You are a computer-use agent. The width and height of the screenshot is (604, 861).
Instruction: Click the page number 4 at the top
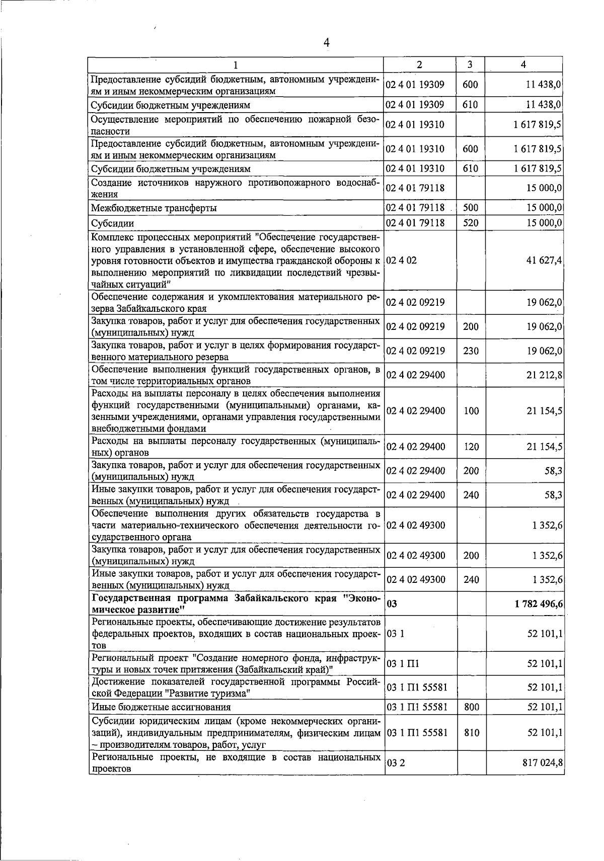pyautogui.click(x=326, y=43)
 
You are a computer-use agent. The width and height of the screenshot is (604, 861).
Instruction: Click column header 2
pyautogui.click(x=419, y=64)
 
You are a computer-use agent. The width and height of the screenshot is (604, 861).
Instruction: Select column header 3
pyautogui.click(x=470, y=64)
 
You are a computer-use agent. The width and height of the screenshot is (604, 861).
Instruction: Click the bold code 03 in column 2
pyautogui.click(x=392, y=604)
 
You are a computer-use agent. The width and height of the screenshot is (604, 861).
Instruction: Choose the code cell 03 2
pyautogui.click(x=396, y=763)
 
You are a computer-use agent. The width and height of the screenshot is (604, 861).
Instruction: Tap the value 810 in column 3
pyautogui.click(x=471, y=733)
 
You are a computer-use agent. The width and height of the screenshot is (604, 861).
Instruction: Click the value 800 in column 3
pyautogui.click(x=471, y=707)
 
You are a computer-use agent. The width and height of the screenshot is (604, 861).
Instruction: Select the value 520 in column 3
pyautogui.click(x=471, y=222)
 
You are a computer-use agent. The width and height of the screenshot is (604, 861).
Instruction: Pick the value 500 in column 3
pyautogui.click(x=471, y=207)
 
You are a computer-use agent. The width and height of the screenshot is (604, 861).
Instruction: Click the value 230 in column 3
pyautogui.click(x=471, y=351)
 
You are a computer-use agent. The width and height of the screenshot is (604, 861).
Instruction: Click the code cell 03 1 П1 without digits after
pyautogui.click(x=403, y=664)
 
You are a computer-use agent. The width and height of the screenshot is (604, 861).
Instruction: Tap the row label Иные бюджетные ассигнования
pyautogui.click(x=161, y=707)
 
